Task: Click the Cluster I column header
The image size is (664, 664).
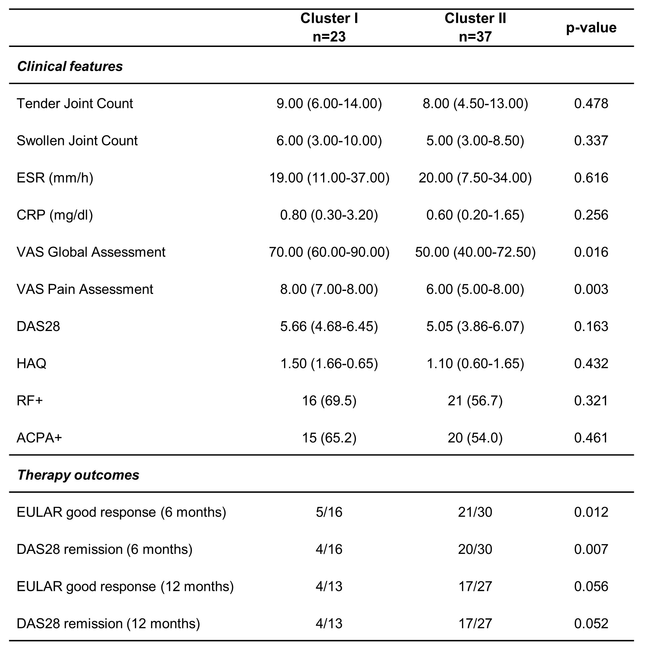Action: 329,27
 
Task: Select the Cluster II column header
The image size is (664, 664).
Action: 475,27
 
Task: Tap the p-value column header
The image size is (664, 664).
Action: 591,28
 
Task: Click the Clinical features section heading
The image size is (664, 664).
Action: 70,66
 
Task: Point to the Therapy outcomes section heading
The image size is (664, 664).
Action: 78,475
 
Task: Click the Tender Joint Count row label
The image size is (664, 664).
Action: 75,104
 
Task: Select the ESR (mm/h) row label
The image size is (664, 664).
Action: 55,178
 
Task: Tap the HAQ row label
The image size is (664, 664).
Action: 31,363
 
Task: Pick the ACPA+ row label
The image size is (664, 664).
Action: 39,437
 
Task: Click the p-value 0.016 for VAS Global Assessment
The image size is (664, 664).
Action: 591,252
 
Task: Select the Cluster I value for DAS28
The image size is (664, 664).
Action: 329,326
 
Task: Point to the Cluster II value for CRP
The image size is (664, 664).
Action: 475,215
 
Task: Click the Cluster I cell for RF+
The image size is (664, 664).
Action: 329,400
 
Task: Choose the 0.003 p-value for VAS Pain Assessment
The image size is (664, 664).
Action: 591,289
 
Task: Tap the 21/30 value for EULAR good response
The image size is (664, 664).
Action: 475,512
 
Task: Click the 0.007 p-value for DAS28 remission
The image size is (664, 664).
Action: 591,549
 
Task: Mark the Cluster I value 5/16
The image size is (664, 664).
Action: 329,512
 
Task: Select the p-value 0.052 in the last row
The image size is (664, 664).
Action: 591,623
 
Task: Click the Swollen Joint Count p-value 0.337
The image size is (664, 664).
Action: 591,141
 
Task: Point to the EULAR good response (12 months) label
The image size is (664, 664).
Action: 125,586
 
